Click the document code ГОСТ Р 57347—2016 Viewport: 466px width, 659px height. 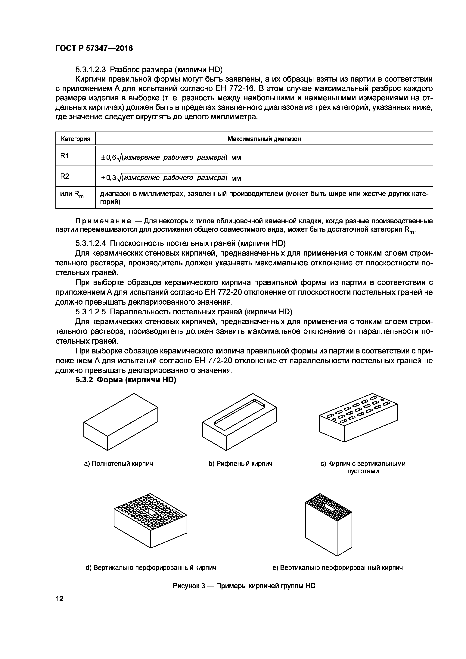94,48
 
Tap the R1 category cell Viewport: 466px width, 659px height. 65,156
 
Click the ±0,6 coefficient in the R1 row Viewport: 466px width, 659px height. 109,158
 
